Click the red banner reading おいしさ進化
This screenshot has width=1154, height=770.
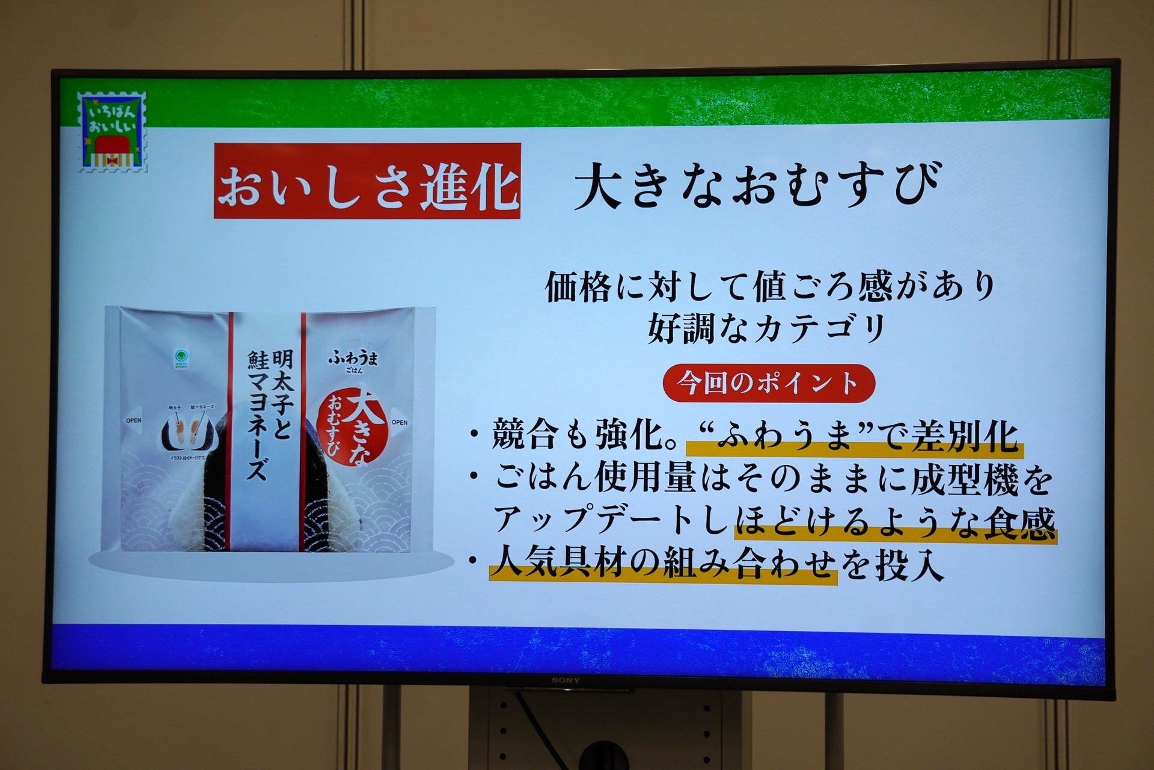[x=367, y=181]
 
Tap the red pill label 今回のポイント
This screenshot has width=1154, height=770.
[x=768, y=383]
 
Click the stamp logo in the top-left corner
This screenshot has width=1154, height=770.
[x=112, y=131]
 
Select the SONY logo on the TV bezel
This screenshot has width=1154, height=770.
[x=566, y=680]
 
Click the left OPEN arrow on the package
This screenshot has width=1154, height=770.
[x=134, y=420]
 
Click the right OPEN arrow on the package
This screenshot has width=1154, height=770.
[x=398, y=422]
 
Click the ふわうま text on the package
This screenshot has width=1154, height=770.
[x=353, y=359]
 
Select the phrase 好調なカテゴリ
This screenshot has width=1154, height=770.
[x=768, y=328]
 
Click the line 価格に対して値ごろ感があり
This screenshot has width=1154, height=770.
[x=770, y=288]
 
